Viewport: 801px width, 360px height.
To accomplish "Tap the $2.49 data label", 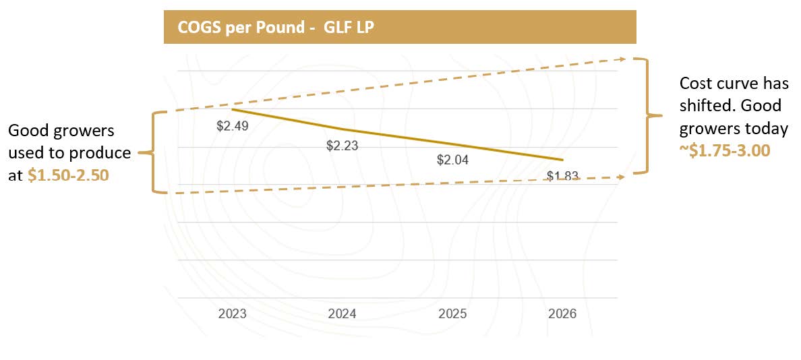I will click(x=233, y=125).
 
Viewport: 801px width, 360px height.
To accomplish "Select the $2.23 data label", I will click(x=343, y=146).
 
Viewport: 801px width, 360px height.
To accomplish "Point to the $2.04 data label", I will click(x=452, y=160).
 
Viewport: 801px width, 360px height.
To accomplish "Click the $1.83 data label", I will click(x=562, y=177).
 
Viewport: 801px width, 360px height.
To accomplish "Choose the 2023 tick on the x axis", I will click(x=233, y=314).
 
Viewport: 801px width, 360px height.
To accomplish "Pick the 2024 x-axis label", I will click(x=343, y=314).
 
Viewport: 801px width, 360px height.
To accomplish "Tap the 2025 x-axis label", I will click(x=452, y=314).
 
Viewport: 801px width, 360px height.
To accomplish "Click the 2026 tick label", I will click(x=562, y=314).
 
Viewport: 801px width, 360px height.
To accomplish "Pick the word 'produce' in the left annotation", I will click(x=107, y=153).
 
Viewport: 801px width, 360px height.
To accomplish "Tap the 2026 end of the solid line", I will click(x=562, y=160).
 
